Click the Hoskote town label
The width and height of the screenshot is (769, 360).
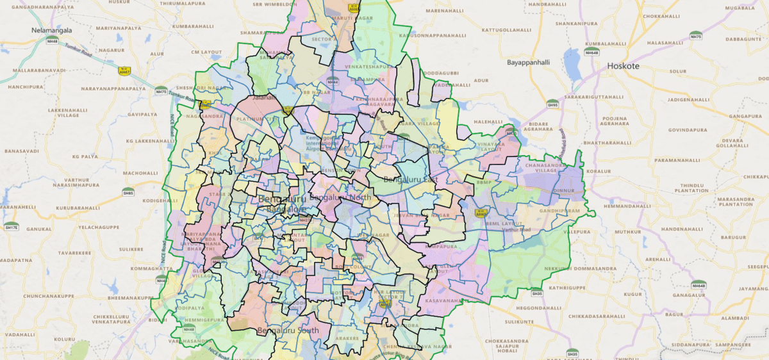[x=624, y=65]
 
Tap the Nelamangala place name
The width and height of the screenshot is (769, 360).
[x=52, y=30]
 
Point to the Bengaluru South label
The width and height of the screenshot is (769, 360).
[x=287, y=331]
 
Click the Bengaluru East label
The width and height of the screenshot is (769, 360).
[x=410, y=180]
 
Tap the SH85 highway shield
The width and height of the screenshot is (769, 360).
[x=128, y=192]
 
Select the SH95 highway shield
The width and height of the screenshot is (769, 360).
[x=552, y=104]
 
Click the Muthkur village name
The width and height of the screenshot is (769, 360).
[x=627, y=231]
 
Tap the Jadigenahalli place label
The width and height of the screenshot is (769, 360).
[x=689, y=101]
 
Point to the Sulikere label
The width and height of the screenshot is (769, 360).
[x=130, y=248]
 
